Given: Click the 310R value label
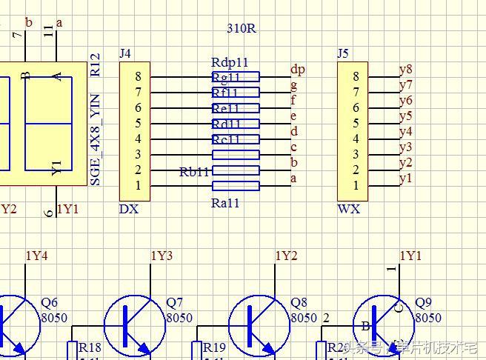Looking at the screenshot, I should [x=241, y=29].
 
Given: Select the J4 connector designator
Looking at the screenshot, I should [x=125, y=54].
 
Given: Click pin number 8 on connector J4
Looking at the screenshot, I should [x=138, y=76].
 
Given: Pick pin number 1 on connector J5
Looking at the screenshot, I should [x=356, y=186].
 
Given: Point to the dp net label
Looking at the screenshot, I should [x=297, y=70].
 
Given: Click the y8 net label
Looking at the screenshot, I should [x=405, y=70].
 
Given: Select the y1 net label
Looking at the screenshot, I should [x=405, y=179].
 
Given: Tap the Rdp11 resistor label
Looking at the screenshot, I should [x=229, y=63].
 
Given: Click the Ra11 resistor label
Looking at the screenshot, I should [x=225, y=203].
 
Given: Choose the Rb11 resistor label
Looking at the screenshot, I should [x=195, y=172].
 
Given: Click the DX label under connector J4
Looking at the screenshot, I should [x=128, y=209].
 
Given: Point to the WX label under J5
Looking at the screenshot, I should [x=348, y=209].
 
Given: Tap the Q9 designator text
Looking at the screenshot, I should [x=423, y=303].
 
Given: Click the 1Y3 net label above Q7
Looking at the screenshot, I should [x=162, y=256].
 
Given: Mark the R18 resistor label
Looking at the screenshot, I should [x=90, y=348].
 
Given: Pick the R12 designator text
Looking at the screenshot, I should [x=95, y=65].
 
